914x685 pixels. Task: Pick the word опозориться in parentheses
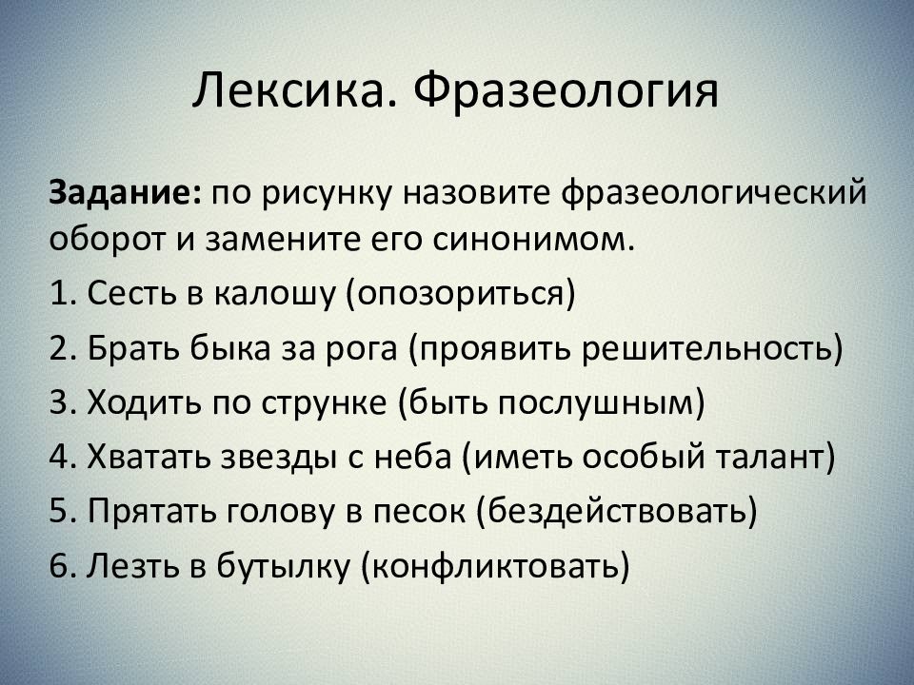[x=461, y=294]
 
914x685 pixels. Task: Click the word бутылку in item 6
[x=277, y=567]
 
